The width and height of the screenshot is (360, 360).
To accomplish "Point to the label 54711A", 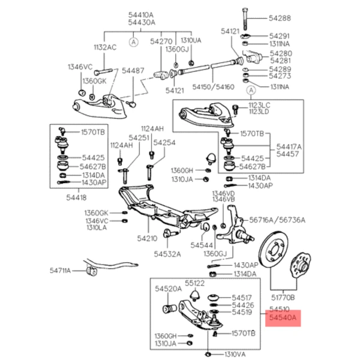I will (60, 271).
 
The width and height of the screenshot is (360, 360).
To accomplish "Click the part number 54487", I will (134, 70).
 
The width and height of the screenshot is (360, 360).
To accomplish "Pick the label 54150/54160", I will (214, 87).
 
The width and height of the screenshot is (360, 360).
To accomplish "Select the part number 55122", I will (195, 283).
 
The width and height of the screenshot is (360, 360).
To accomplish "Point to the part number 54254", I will (164, 143).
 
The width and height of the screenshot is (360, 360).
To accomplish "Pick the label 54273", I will (280, 76).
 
